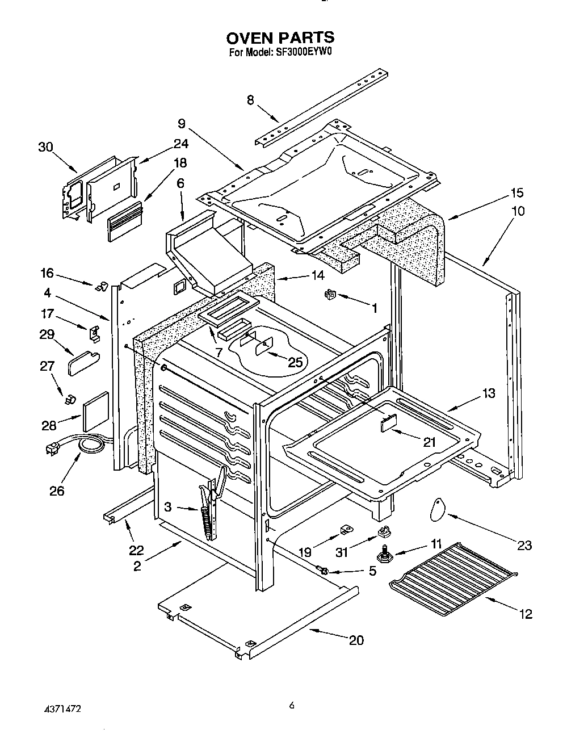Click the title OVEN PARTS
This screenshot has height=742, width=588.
(x=280, y=38)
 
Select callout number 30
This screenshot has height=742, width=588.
(x=45, y=147)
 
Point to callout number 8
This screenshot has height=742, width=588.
(x=250, y=100)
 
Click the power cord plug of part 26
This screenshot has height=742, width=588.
(x=52, y=450)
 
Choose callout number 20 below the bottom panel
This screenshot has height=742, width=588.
(x=356, y=640)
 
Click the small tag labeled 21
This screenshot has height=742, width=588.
(x=388, y=424)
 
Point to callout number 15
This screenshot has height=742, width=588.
(x=516, y=192)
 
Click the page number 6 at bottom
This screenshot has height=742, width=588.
(x=292, y=707)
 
